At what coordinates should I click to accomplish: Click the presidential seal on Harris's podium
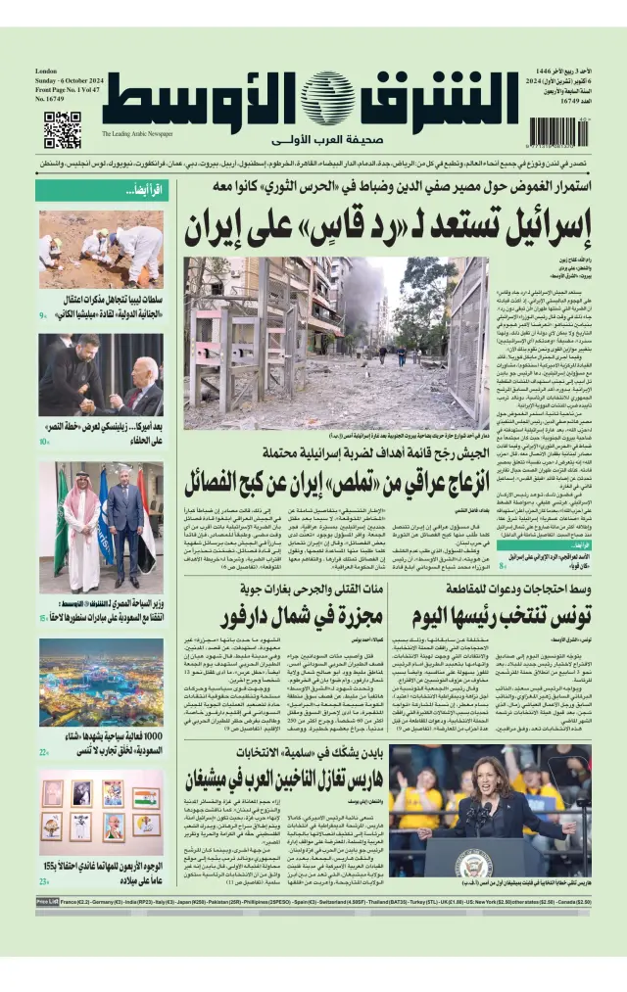[x=473, y=863]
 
